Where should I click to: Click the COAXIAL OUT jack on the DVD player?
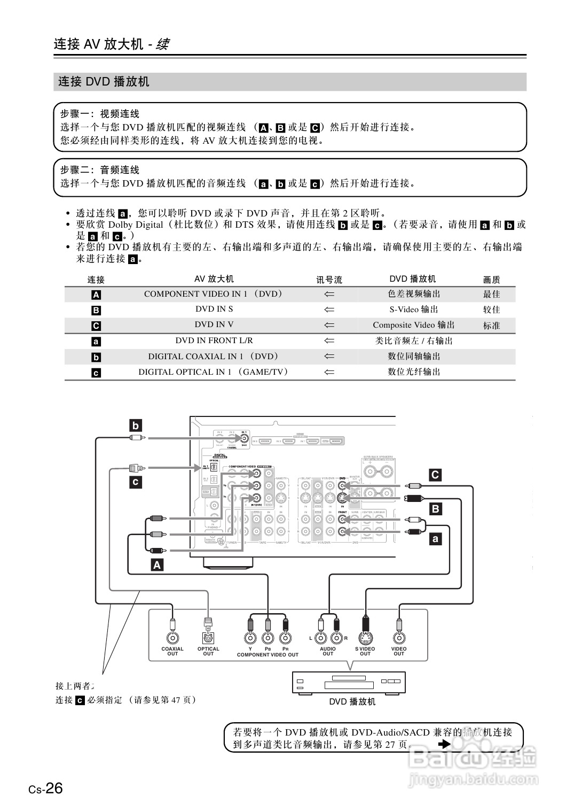click(x=172, y=638)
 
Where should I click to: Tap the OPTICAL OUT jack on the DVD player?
click(x=208, y=638)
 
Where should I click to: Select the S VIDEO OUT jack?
click(x=365, y=638)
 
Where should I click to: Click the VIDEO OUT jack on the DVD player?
click(x=399, y=638)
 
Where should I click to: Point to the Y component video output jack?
click(x=250, y=638)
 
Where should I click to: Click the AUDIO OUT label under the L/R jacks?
click(x=328, y=651)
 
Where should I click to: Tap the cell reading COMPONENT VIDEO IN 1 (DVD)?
click(x=214, y=294)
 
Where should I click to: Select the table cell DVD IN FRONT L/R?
click(x=214, y=341)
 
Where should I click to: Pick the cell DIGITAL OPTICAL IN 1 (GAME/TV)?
click(x=214, y=372)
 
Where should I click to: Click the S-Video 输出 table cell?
click(x=414, y=310)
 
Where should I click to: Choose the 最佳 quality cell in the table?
click(x=491, y=294)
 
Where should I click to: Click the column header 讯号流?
click(x=329, y=280)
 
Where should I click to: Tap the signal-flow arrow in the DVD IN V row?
click(x=329, y=325)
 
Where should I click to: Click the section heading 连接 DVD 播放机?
click(x=104, y=82)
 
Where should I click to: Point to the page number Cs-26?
click(x=46, y=788)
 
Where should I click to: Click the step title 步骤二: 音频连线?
click(x=100, y=170)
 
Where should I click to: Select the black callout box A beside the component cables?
click(x=157, y=564)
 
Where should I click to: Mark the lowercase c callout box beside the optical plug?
click(x=136, y=482)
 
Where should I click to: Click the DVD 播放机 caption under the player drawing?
click(x=352, y=701)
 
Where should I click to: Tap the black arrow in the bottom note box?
click(x=444, y=744)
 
